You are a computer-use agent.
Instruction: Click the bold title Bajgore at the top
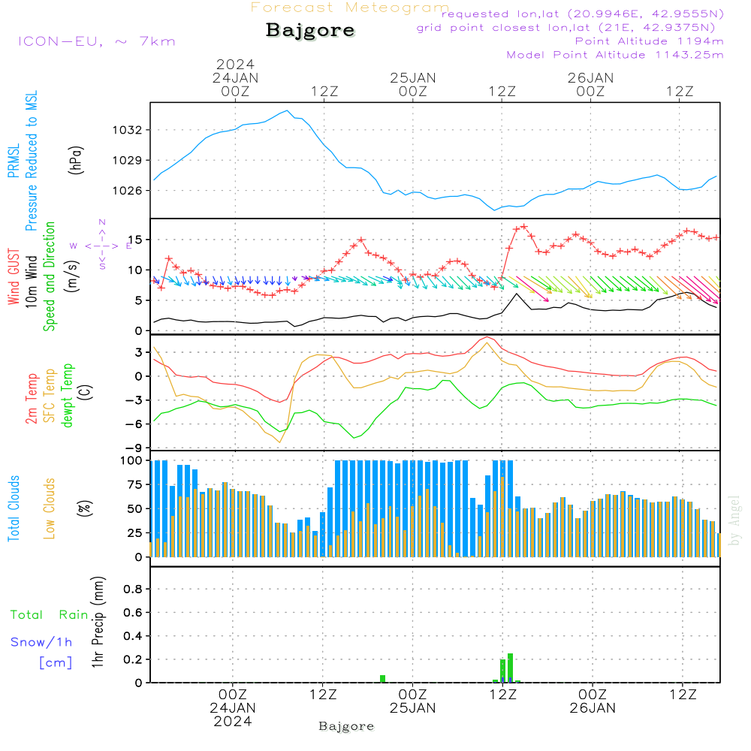click(310, 31)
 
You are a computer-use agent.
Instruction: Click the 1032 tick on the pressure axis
click(128, 130)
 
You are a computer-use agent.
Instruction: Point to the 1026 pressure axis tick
click(128, 190)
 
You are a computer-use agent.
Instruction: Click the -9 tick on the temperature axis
click(137, 447)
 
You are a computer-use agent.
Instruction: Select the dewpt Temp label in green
click(68, 396)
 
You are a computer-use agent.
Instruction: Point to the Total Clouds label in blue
click(14, 508)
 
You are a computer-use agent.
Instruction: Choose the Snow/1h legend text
click(42, 642)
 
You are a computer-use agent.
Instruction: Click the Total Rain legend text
click(49, 614)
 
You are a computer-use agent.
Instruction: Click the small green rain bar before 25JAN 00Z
click(382, 679)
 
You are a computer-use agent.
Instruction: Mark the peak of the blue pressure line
click(287, 111)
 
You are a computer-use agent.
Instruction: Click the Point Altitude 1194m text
click(649, 41)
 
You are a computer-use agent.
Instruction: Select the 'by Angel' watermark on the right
click(735, 520)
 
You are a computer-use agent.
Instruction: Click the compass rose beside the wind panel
click(101, 245)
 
